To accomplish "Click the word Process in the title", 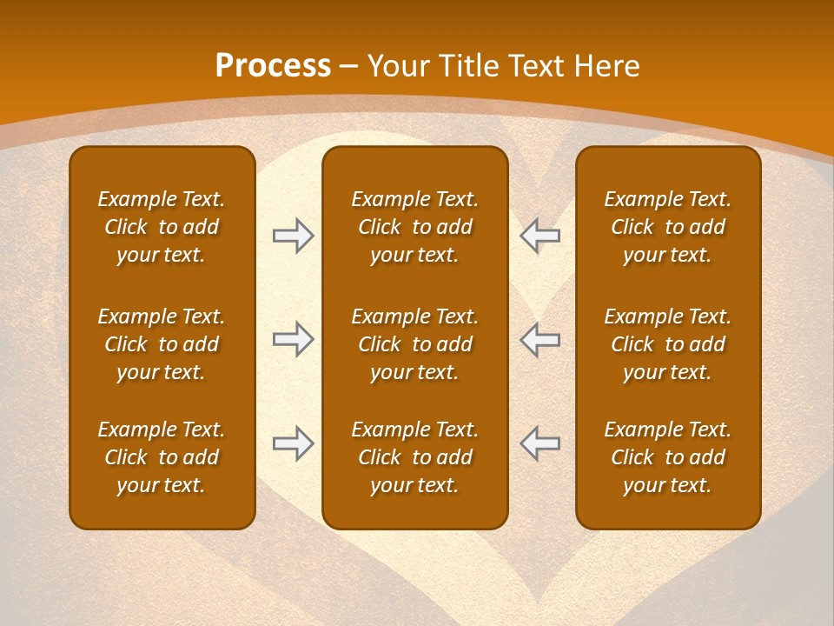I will click(273, 66).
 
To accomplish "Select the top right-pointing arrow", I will click(294, 236).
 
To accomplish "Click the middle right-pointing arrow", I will click(294, 339).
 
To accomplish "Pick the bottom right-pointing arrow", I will click(294, 443).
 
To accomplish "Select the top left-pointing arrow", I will click(539, 236).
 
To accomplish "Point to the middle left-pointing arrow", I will click(539, 339).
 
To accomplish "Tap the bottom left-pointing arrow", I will click(539, 443).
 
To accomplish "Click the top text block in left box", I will click(162, 227).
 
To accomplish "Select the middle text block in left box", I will click(162, 344).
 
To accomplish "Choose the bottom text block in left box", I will click(162, 457).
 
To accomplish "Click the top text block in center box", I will click(414, 227).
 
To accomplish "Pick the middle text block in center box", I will click(414, 344).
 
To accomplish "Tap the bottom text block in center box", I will click(414, 457).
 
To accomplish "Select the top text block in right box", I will click(667, 227).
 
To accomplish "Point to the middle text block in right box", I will click(667, 344).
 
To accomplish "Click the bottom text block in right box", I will click(667, 457).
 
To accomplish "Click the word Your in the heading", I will click(397, 66).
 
